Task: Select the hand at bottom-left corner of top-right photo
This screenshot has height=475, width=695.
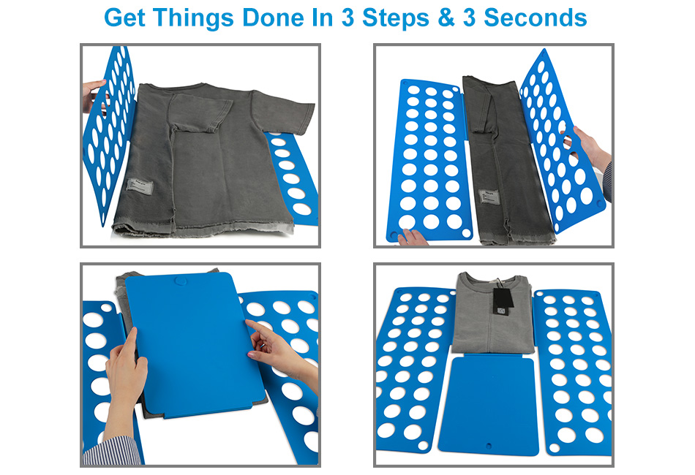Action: (412, 236)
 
